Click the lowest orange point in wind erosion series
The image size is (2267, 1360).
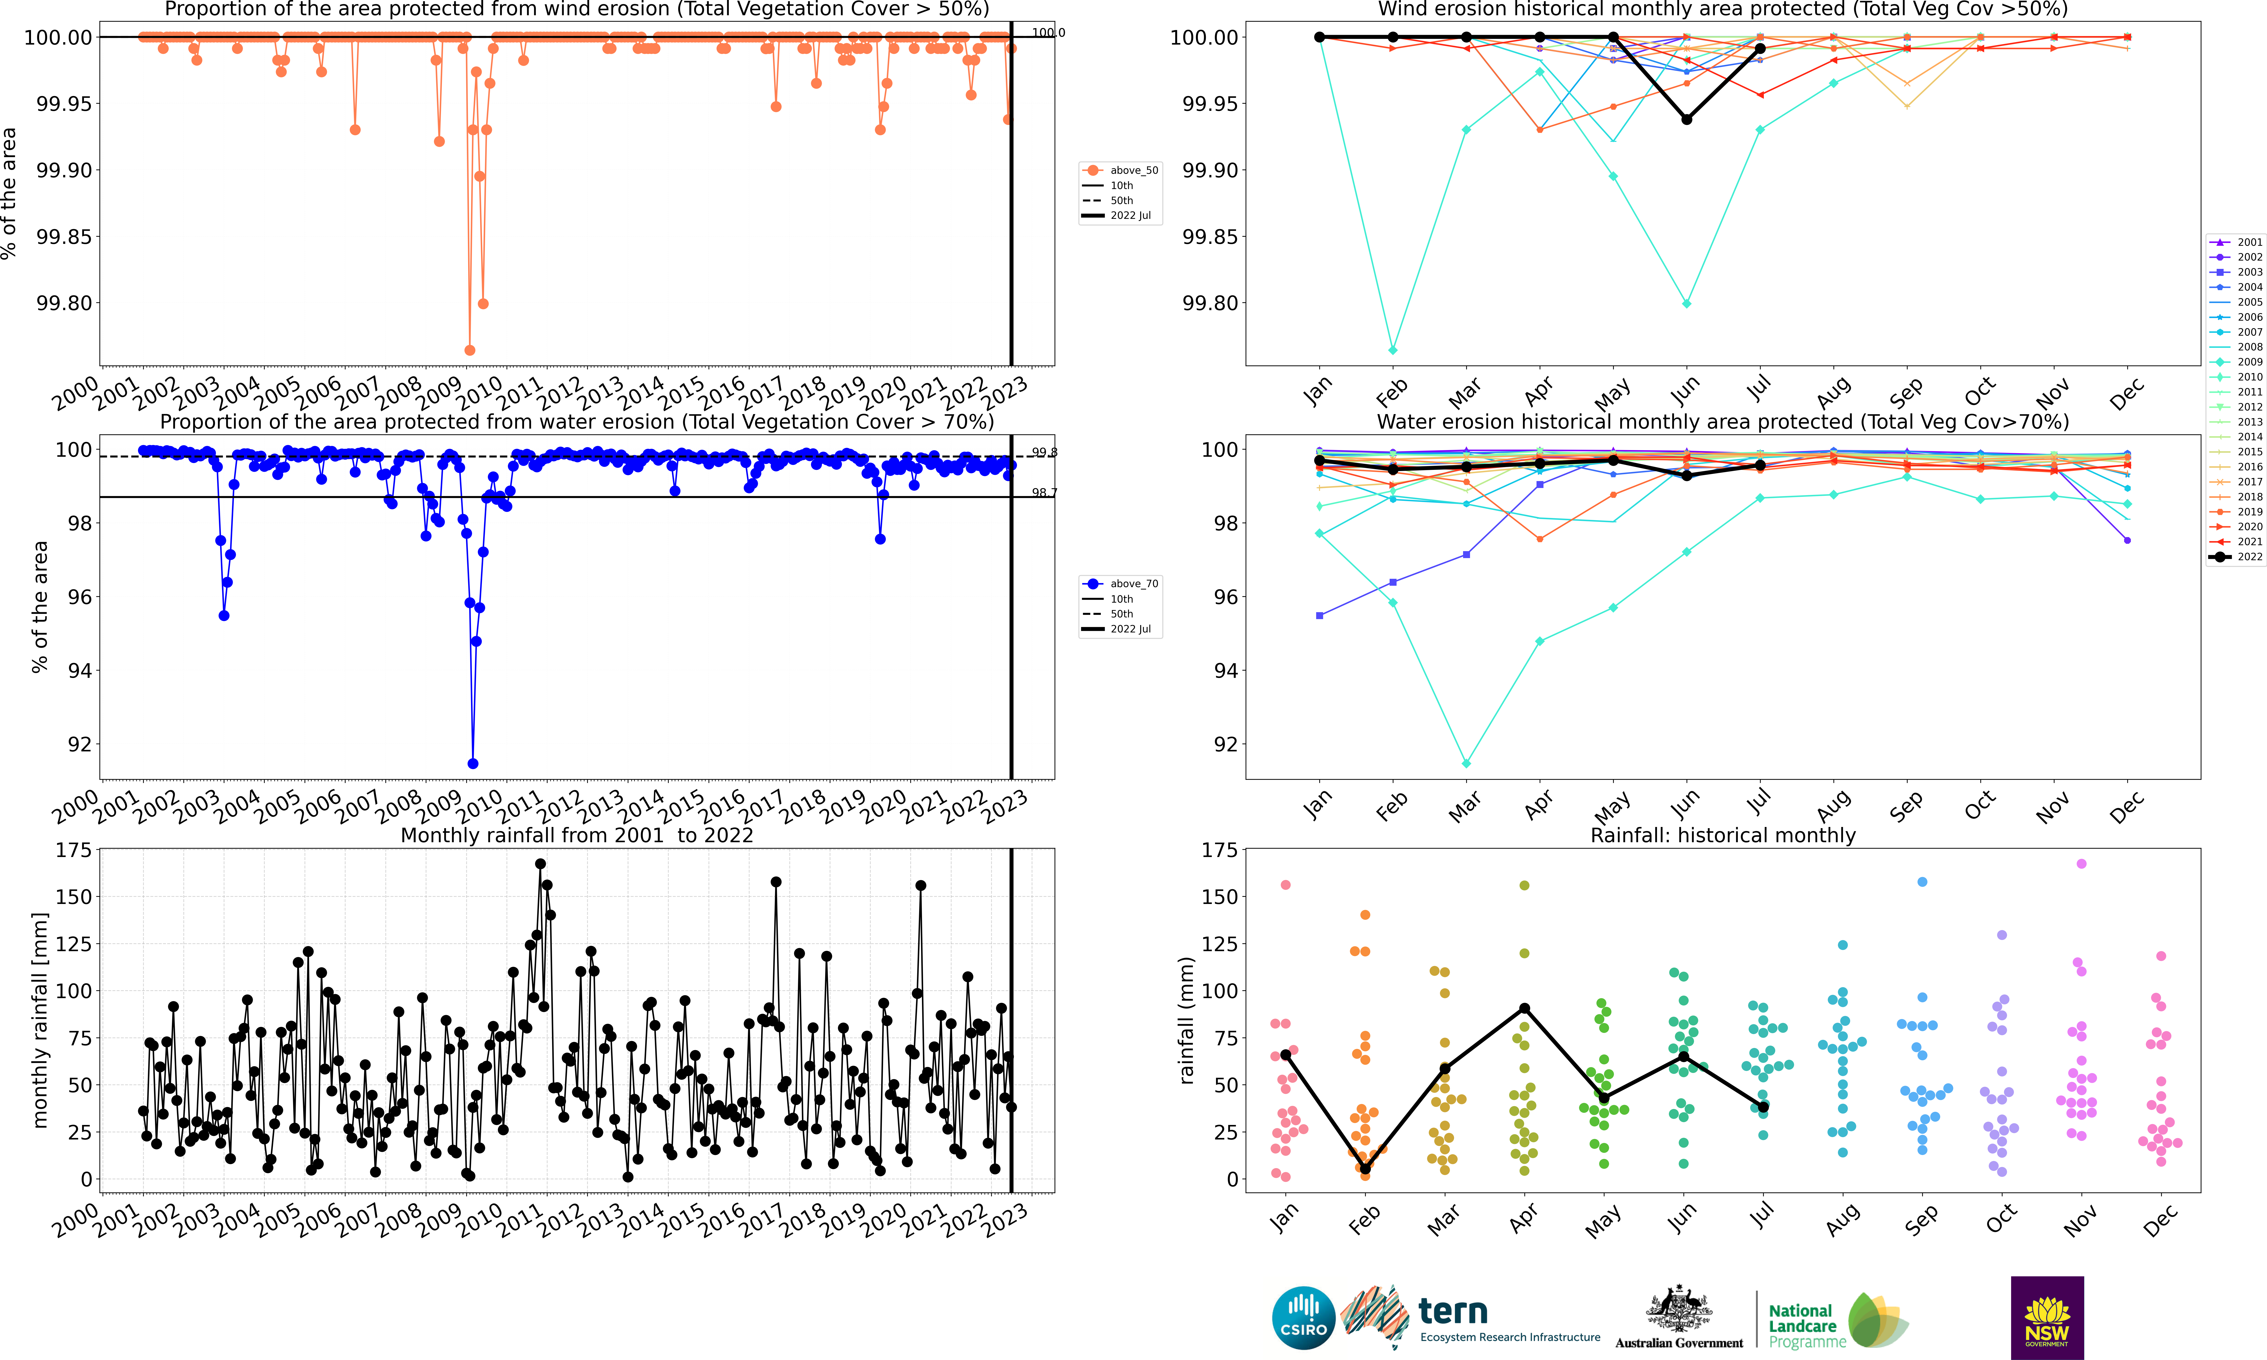pyautogui.click(x=469, y=350)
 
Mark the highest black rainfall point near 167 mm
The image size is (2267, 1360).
pyautogui.click(x=540, y=863)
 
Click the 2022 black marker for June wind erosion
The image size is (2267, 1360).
pyautogui.click(x=1687, y=119)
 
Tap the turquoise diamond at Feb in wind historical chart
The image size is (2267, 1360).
pyautogui.click(x=1392, y=350)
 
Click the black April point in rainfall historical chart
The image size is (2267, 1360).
pyautogui.click(x=1524, y=1008)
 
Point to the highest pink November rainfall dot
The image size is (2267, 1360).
pyautogui.click(x=2081, y=863)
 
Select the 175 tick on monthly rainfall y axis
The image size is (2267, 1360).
pyautogui.click(x=73, y=851)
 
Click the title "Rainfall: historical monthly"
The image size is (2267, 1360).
pyautogui.click(x=1723, y=835)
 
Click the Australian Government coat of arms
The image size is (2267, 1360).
pyautogui.click(x=1678, y=1309)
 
